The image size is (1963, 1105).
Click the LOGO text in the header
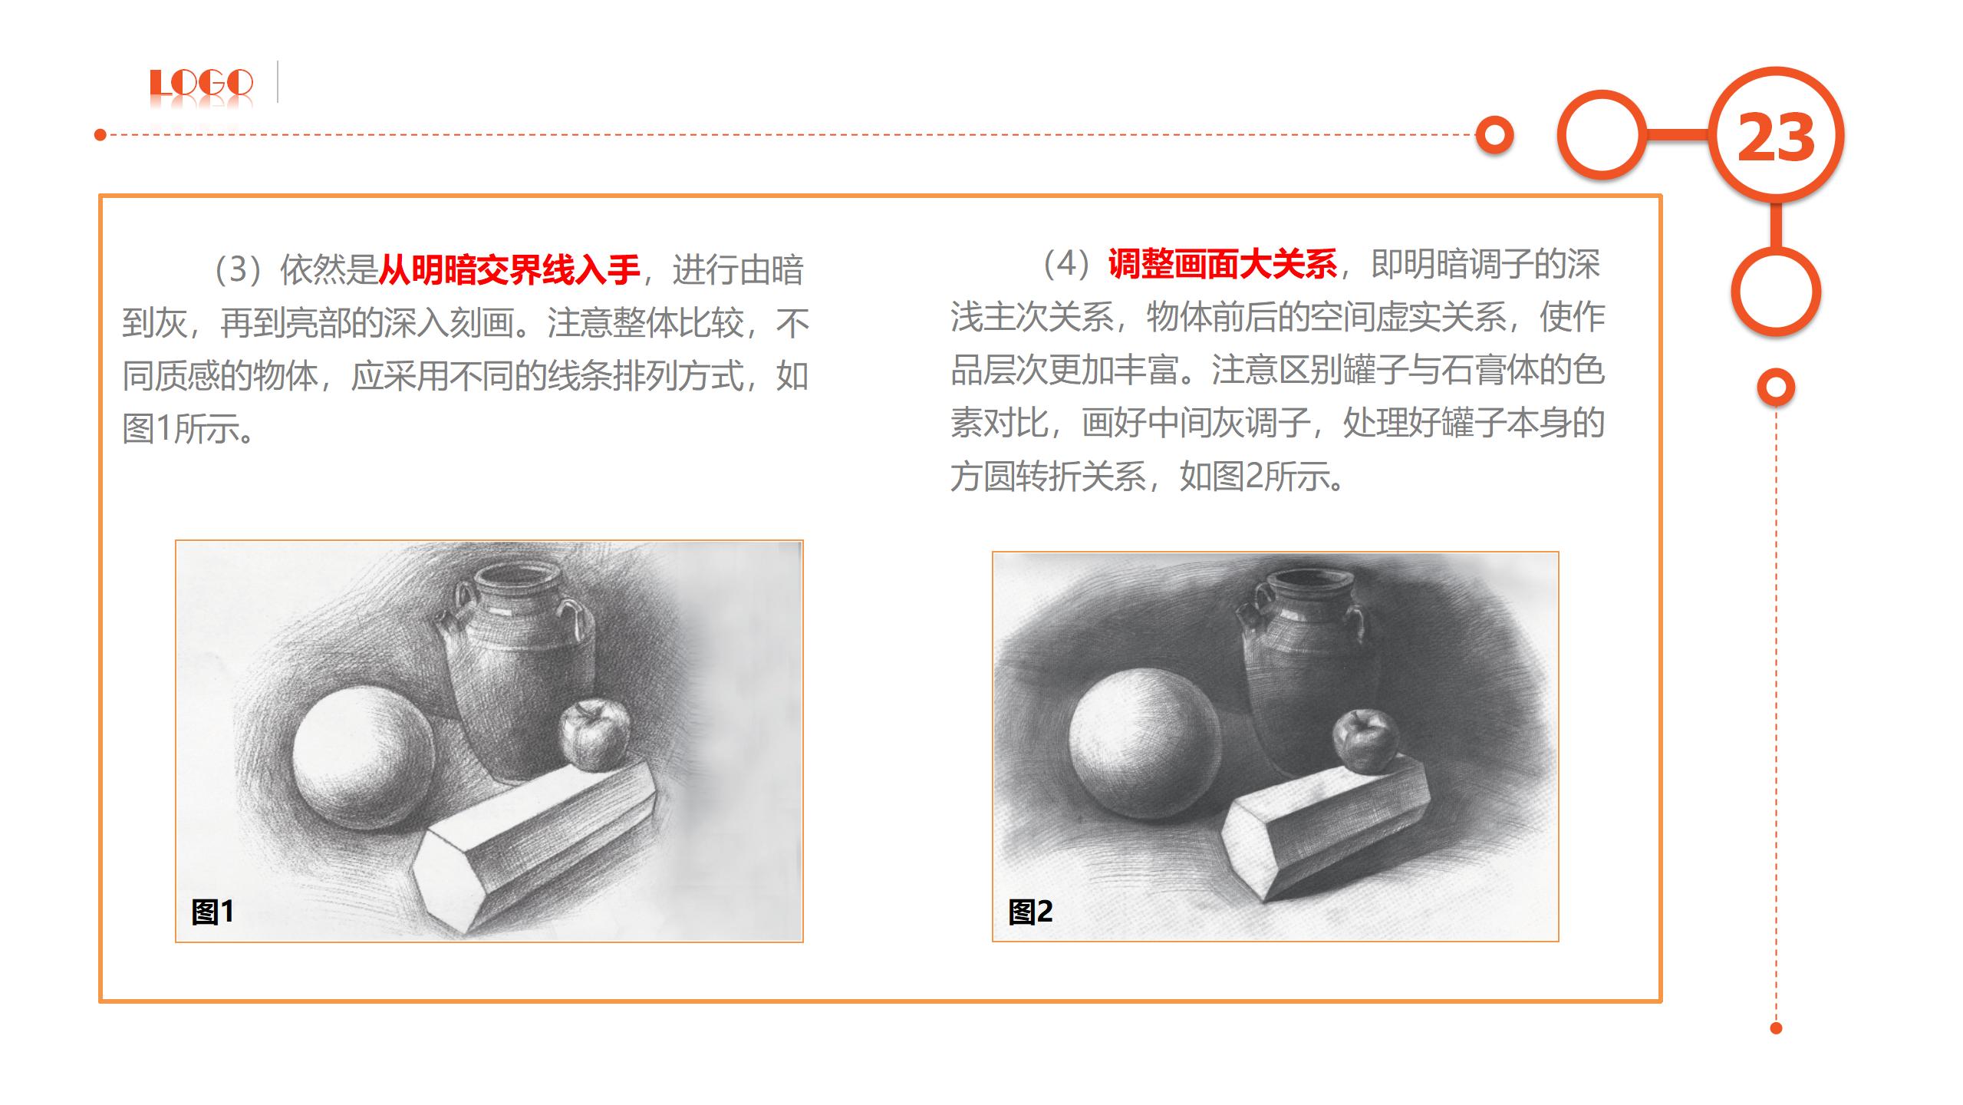201,83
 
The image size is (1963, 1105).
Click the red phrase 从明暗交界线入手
509,269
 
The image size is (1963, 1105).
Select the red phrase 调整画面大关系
1223,264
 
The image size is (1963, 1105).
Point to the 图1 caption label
212,912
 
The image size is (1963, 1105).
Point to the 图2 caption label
1030,912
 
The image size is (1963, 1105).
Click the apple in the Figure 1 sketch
594,734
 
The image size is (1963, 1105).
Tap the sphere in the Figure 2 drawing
1144,742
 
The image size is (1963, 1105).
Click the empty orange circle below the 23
1776,292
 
